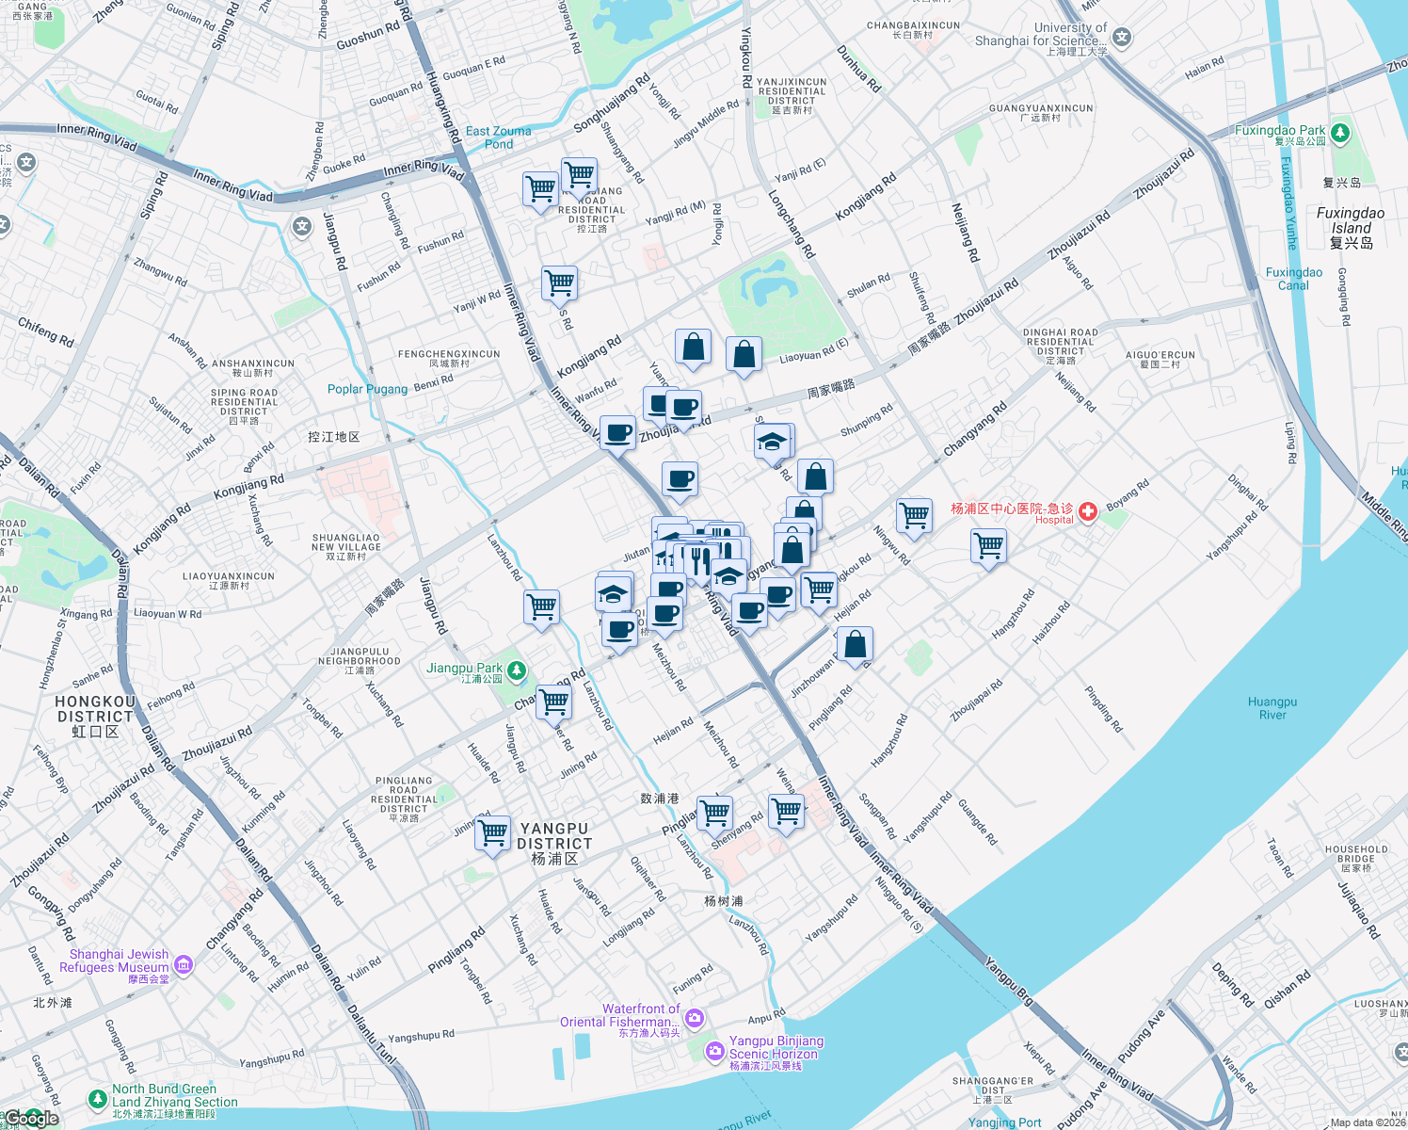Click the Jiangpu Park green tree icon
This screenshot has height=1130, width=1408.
click(x=516, y=670)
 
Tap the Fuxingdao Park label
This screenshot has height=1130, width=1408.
click(x=1279, y=131)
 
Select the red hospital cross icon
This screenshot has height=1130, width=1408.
click(x=1088, y=511)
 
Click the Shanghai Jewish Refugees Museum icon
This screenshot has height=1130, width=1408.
click(x=184, y=964)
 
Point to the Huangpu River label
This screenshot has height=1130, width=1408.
click(x=1272, y=708)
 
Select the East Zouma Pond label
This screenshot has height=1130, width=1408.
click(x=498, y=137)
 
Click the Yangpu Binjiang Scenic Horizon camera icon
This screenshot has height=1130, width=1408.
click(x=714, y=1051)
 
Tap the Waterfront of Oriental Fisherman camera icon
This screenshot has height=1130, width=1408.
click(x=695, y=1017)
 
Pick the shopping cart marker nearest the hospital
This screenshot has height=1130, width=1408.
click(x=989, y=545)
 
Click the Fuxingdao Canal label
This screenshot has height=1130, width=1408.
click(x=1293, y=279)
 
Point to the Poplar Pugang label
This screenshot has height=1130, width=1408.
click(x=367, y=389)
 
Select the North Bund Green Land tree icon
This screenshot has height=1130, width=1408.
click(x=97, y=1098)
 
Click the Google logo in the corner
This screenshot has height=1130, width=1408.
click(x=30, y=1118)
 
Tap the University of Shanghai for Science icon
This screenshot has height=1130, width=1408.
click(x=1121, y=38)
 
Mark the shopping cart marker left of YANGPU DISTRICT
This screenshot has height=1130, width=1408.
click(x=492, y=833)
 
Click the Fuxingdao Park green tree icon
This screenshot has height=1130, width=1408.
click(x=1340, y=133)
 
